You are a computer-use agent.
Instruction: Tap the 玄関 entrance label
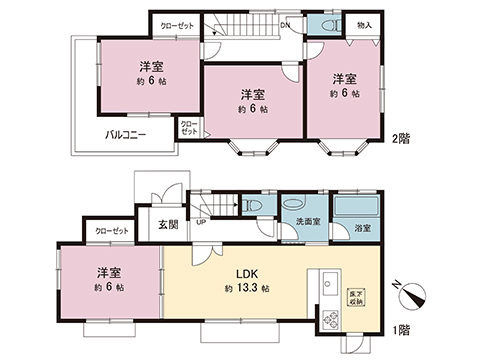(x=169, y=225)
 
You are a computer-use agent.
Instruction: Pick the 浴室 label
(x=361, y=228)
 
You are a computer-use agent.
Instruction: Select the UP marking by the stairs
(x=203, y=223)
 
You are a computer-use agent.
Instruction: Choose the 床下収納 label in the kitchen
(x=355, y=297)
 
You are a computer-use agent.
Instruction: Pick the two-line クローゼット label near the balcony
(x=189, y=127)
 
